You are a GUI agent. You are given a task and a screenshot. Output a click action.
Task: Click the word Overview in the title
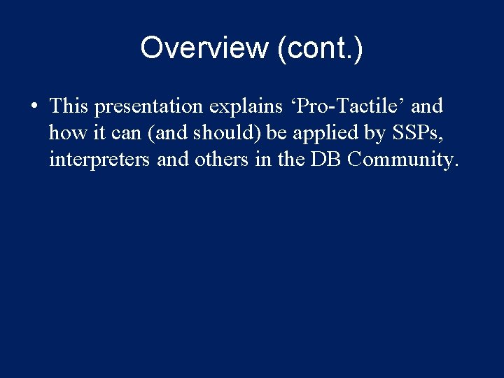(x=204, y=48)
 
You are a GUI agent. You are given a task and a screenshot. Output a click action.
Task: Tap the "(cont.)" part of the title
(x=319, y=48)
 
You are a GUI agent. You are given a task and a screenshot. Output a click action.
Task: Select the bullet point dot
(x=34, y=107)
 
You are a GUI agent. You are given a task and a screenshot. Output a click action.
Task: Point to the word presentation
(x=148, y=106)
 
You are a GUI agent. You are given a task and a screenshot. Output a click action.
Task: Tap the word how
(x=65, y=133)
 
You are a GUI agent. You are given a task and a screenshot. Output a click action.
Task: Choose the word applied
(x=321, y=133)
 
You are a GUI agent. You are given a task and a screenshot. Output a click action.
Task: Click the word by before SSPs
(x=371, y=133)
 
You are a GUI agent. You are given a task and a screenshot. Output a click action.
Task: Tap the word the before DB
(x=290, y=160)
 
